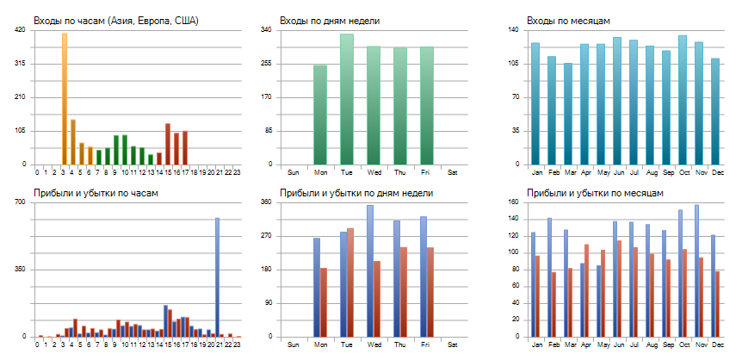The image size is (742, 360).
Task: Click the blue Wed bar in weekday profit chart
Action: tap(370, 270)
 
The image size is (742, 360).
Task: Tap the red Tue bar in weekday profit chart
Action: tap(350, 282)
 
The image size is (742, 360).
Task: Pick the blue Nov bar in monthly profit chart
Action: tap(696, 270)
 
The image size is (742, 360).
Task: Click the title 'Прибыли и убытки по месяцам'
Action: tap(595, 193)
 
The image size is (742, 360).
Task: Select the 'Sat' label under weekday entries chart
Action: tap(453, 171)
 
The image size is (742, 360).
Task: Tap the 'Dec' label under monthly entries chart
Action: tap(718, 171)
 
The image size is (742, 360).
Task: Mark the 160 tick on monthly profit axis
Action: tap(514, 202)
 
